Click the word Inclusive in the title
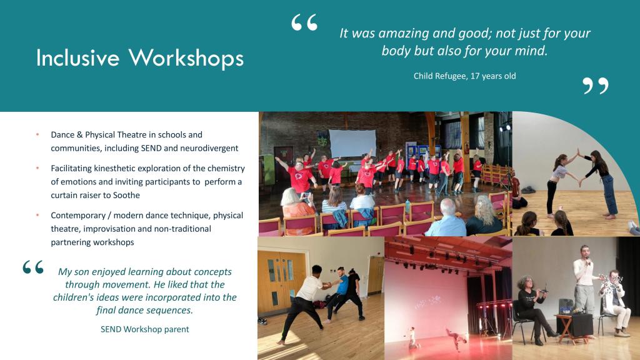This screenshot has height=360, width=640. (77, 57)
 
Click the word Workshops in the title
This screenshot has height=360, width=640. (186, 57)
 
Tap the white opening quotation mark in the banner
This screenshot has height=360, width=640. (304, 22)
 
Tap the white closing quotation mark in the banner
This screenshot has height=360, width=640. (596, 86)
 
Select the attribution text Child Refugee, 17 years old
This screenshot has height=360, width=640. (464, 76)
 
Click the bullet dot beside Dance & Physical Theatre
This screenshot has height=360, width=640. (37, 134)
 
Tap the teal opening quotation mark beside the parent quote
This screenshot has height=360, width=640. (33, 267)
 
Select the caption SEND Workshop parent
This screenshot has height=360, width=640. (145, 329)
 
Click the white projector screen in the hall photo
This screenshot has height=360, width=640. (352, 143)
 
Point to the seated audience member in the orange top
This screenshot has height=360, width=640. (297, 212)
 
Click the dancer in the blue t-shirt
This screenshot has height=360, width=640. (341, 292)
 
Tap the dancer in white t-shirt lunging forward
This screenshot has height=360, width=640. (302, 302)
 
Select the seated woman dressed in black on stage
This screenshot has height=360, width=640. (532, 308)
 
